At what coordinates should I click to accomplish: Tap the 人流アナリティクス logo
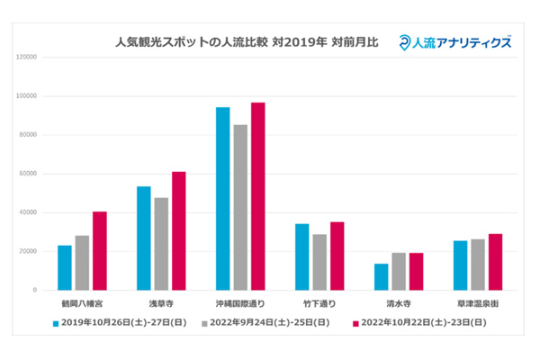tap(456, 41)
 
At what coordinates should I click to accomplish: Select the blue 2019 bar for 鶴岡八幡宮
tap(65, 267)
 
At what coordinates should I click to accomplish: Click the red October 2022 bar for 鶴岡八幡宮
tap(99, 251)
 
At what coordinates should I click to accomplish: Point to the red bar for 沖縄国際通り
tap(257, 196)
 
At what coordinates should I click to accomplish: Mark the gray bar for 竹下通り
tap(319, 262)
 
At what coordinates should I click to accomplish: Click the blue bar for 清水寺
tap(381, 276)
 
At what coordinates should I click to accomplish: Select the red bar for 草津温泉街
tap(495, 262)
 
